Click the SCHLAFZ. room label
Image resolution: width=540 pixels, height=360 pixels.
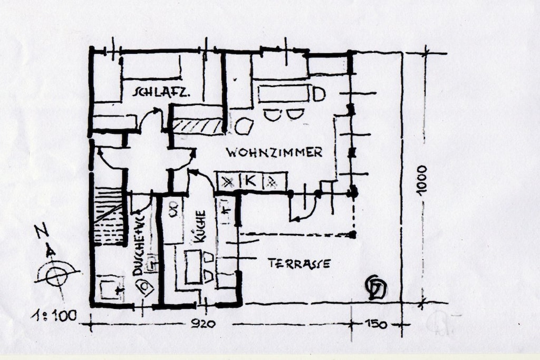161,92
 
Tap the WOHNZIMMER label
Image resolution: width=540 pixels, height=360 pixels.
274,152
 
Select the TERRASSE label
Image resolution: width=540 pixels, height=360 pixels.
300,264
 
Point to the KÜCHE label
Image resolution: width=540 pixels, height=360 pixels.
199,227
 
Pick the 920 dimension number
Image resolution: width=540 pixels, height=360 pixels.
203,324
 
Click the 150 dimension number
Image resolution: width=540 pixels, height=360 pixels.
375,324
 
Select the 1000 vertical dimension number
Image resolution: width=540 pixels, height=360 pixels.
421,181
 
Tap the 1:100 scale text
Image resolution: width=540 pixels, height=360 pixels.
54,316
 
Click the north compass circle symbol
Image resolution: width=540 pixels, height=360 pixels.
56,276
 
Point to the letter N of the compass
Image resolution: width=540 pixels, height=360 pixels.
42,230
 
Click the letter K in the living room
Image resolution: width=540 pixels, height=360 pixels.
250,181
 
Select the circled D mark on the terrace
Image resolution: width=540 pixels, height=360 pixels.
377,287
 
